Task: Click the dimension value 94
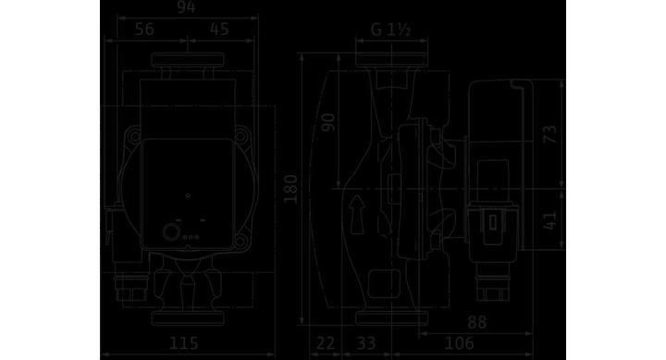pyautogui.click(x=186, y=7)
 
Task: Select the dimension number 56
pyautogui.click(x=144, y=30)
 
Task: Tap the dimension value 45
pyautogui.click(x=219, y=30)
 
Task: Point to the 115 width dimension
pyautogui.click(x=183, y=343)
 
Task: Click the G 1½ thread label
pyautogui.click(x=390, y=30)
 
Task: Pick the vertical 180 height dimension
pyautogui.click(x=291, y=189)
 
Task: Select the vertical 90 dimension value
pyautogui.click(x=328, y=122)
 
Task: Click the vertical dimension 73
pyautogui.click(x=550, y=134)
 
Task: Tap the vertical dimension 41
pyautogui.click(x=550, y=220)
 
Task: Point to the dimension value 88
pyautogui.click(x=476, y=322)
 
